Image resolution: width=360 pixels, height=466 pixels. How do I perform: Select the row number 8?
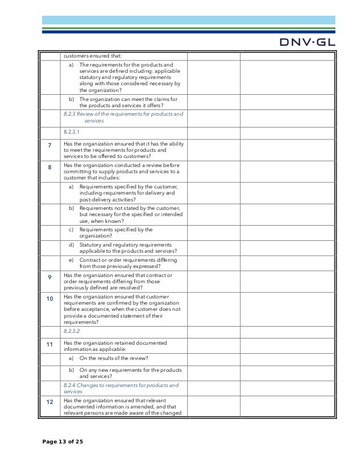(x=50, y=168)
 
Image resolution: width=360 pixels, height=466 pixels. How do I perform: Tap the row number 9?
(x=50, y=277)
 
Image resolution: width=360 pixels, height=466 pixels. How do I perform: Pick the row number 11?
(x=50, y=343)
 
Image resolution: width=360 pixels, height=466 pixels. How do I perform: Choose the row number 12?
(x=50, y=401)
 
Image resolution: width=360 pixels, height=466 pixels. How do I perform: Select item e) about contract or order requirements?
(x=128, y=263)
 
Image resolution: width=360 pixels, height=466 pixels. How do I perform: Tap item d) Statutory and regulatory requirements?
(x=128, y=248)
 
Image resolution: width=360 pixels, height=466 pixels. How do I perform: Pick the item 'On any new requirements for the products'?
(x=130, y=373)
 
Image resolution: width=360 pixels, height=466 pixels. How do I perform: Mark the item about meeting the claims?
(x=128, y=103)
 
